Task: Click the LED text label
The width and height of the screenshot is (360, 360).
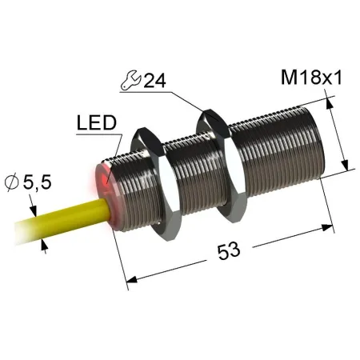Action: click(97, 122)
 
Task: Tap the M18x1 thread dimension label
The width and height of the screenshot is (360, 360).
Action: click(311, 78)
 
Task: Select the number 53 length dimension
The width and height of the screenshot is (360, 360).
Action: click(229, 251)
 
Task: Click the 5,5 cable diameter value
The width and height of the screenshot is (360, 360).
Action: click(37, 183)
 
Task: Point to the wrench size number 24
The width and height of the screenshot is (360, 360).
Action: click(154, 80)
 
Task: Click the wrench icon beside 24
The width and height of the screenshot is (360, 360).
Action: click(130, 79)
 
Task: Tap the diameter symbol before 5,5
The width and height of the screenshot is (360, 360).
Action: click(12, 182)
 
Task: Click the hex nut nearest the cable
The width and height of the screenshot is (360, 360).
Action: click(156, 184)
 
